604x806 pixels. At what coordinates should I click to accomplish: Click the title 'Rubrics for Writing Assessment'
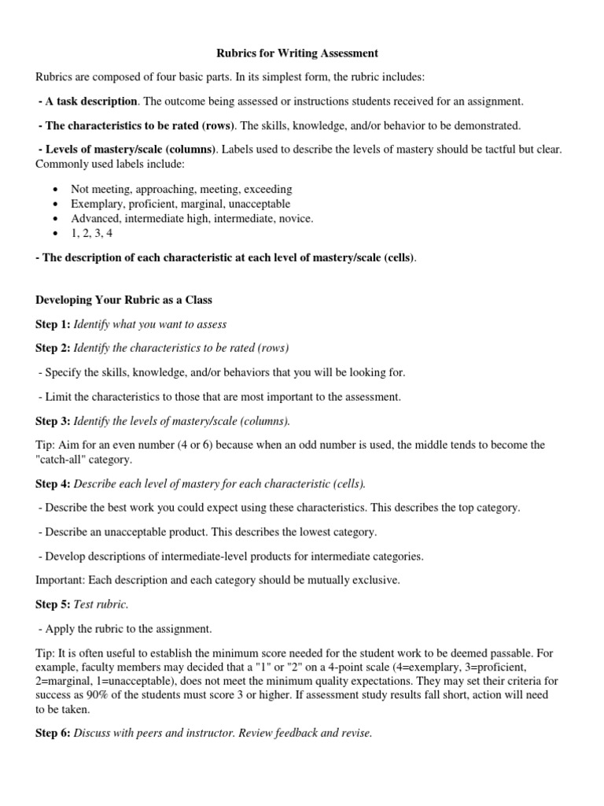point(297,54)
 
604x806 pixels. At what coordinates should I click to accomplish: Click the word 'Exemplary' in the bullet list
point(96,204)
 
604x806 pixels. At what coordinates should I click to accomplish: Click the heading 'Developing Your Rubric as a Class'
point(123,301)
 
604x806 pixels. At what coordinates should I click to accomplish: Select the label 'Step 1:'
point(53,324)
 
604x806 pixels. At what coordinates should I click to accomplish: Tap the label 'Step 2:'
point(53,348)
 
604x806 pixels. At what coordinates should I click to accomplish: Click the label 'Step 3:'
point(53,421)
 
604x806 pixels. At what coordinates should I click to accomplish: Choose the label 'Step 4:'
point(53,483)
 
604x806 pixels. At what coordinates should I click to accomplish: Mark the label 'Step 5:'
point(53,604)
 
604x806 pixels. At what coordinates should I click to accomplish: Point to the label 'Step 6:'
point(53,733)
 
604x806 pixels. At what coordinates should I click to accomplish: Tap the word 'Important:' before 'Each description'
point(61,580)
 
